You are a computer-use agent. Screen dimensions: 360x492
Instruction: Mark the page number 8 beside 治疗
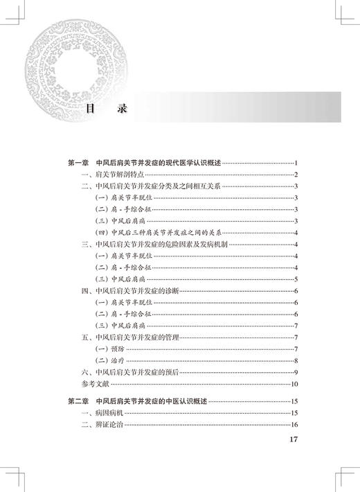point(296,360)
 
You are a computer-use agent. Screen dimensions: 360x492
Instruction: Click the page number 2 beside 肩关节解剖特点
point(296,174)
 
